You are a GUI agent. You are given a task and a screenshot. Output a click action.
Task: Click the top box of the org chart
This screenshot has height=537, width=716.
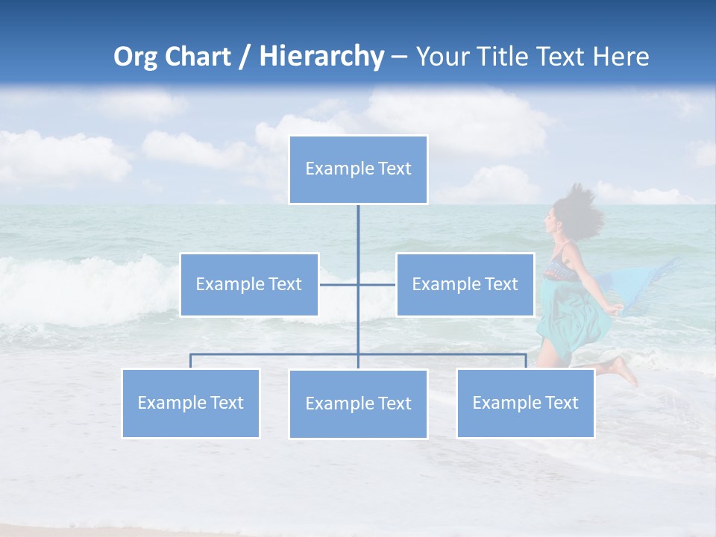pyautogui.click(x=358, y=169)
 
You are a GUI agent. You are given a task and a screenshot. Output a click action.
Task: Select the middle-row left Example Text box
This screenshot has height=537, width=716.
pyautogui.click(x=249, y=284)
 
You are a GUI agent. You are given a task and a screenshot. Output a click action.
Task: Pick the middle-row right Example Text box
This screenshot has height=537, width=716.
pyautogui.click(x=465, y=284)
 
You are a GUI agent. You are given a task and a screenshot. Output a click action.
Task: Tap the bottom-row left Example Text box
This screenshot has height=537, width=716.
pyautogui.click(x=190, y=403)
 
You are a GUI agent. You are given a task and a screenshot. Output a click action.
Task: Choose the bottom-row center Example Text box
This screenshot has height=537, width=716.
pyautogui.click(x=358, y=403)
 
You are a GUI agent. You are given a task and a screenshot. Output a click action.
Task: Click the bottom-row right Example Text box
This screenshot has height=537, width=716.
pyautogui.click(x=525, y=403)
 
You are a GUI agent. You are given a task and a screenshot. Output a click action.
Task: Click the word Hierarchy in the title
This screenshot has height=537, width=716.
pyautogui.click(x=321, y=57)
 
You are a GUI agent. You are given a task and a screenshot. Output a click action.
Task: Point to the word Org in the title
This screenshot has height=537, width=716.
pyautogui.click(x=136, y=57)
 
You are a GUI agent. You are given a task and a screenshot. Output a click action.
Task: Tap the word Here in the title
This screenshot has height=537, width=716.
pyautogui.click(x=621, y=57)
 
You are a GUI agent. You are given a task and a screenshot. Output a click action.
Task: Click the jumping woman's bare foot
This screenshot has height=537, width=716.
pyautogui.click(x=624, y=370)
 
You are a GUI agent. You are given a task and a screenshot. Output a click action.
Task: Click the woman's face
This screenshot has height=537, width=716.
pyautogui.click(x=555, y=222)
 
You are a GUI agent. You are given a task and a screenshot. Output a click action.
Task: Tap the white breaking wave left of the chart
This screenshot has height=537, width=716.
pyautogui.click(x=82, y=283)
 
